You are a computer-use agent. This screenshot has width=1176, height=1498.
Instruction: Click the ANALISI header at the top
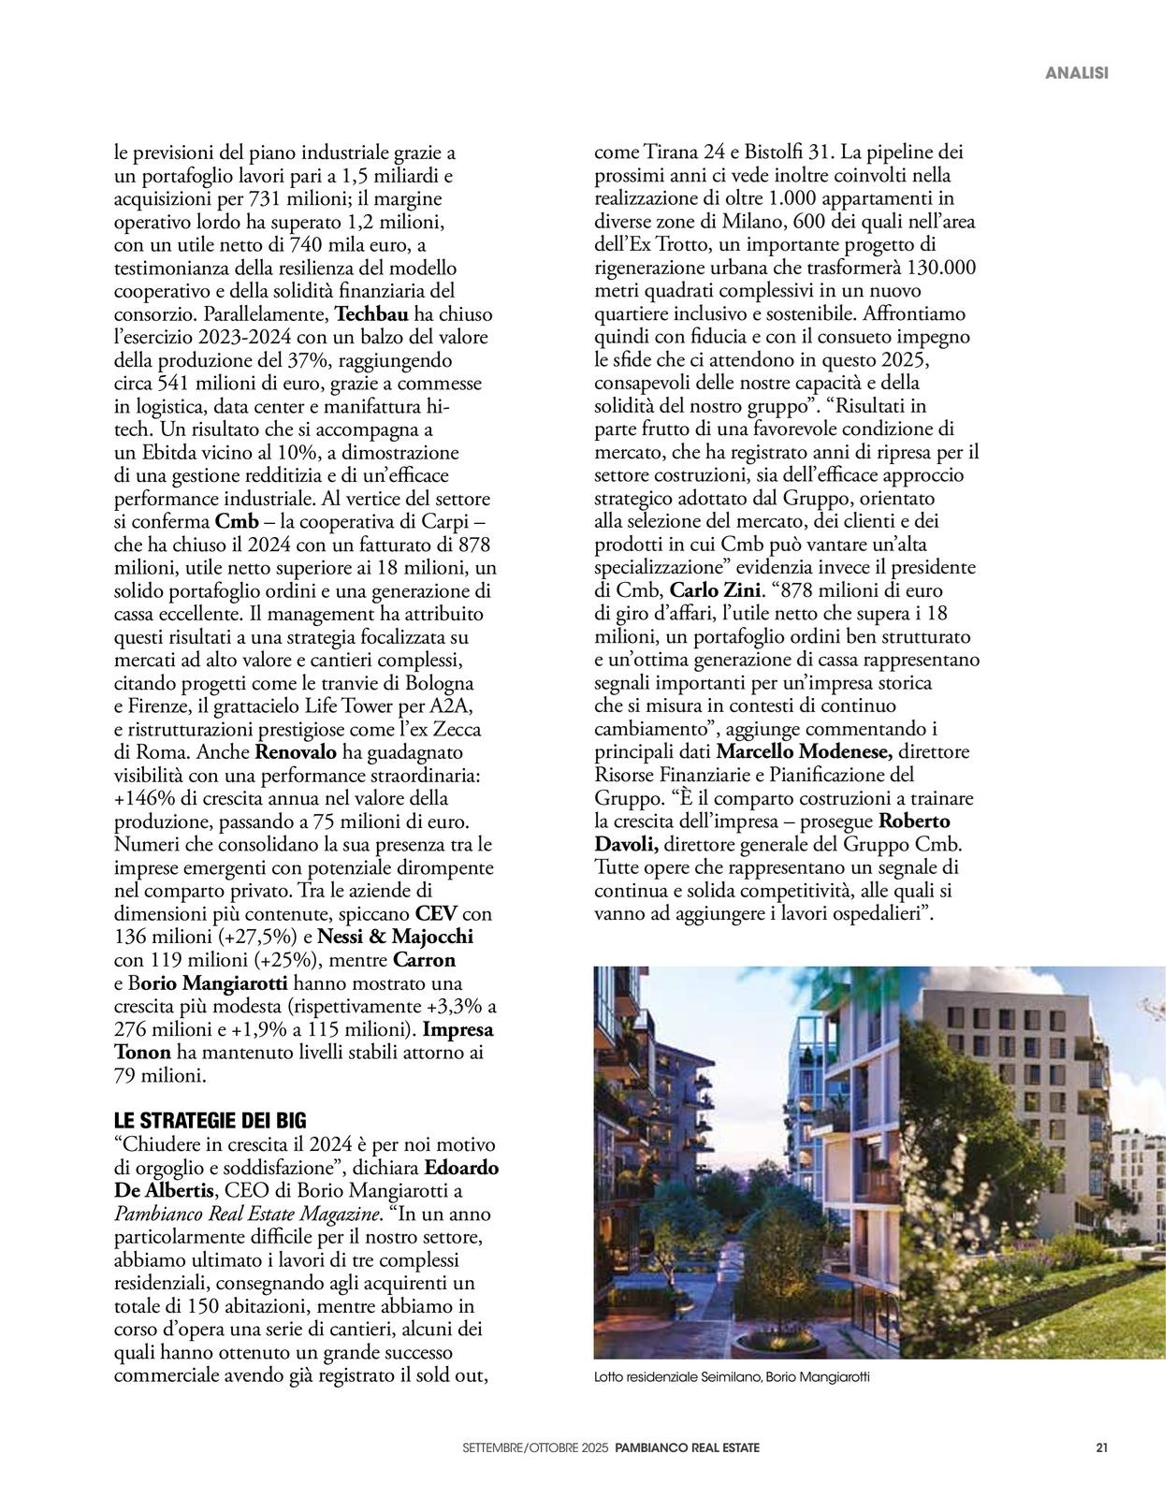tap(1077, 73)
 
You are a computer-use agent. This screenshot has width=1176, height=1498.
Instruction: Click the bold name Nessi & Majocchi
tap(396, 938)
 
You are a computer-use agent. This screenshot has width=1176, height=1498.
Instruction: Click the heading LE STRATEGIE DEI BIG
tap(211, 1121)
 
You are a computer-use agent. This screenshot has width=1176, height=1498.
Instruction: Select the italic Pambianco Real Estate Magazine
tap(248, 1214)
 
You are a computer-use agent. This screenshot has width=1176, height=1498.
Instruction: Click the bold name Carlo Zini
tap(717, 591)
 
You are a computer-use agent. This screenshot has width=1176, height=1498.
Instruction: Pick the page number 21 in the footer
tap(1102, 1447)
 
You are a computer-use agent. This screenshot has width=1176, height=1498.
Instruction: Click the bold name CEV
tap(436, 914)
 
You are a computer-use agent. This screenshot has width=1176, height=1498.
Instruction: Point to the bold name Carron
tap(424, 961)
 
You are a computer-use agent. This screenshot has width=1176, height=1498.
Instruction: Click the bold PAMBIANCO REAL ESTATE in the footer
tap(688, 1447)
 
